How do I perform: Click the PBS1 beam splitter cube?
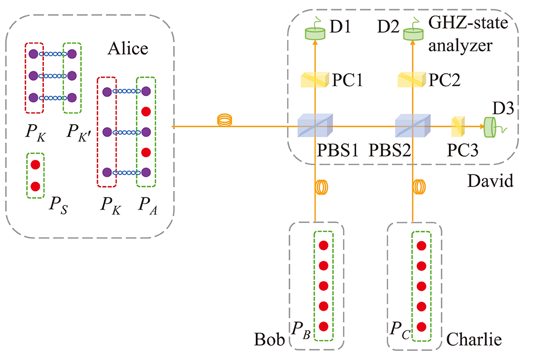click(315, 127)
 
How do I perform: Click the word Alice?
click(128, 49)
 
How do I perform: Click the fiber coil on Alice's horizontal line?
click(224, 121)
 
